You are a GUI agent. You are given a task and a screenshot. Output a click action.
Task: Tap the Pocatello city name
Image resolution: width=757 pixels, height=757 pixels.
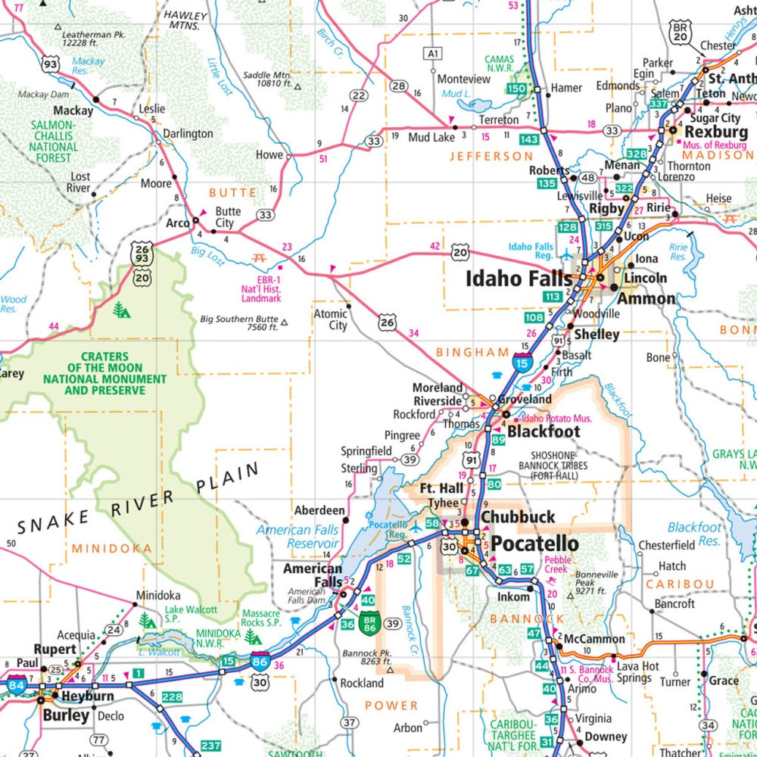pos(534,544)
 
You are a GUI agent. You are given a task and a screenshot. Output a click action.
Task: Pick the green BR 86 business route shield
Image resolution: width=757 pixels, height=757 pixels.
pos(369,624)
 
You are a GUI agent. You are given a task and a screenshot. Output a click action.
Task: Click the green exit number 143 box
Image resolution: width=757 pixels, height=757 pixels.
pos(529,139)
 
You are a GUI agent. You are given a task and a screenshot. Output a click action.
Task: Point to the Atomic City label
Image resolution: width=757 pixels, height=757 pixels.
pos(331,319)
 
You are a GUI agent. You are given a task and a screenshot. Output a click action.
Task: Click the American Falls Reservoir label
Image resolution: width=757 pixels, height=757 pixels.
pos(297,537)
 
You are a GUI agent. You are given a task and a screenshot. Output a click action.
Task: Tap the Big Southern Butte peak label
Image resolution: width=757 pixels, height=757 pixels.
pos(238,323)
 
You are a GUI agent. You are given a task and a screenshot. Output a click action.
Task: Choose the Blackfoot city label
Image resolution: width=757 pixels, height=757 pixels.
pos(543,431)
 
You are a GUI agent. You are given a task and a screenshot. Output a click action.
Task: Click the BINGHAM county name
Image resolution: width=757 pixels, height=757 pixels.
pos(472,352)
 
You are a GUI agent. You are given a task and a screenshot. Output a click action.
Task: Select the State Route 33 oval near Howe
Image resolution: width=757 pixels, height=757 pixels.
pos(373,141)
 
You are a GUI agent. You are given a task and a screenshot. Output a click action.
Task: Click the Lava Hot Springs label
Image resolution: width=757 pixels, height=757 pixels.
pos(633,672)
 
